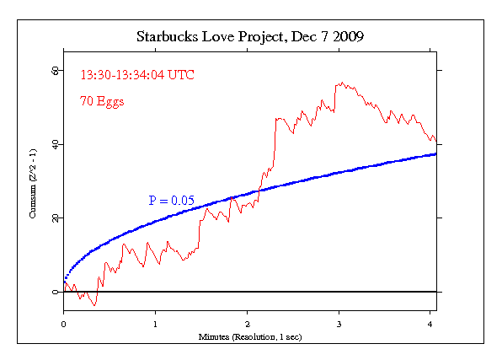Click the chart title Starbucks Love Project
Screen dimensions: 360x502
[206, 38]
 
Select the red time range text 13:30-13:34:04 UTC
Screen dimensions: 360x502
[137, 75]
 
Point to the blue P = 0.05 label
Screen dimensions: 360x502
[172, 201]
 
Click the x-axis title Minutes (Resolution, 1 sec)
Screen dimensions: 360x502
[249, 336]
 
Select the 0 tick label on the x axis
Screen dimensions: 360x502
[63, 322]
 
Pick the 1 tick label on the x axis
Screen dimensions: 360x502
[155, 322]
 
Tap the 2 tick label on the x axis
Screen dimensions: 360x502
[247, 322]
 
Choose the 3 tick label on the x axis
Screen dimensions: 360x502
[339, 322]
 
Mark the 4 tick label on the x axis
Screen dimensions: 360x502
[430, 322]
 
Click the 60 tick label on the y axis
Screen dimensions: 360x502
[54, 71]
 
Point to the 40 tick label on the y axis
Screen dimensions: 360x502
[54, 144]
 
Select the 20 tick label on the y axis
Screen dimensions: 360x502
[54, 218]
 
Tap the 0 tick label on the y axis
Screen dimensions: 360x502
[54, 292]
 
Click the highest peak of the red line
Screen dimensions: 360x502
[340, 83]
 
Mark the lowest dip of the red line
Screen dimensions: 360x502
[94, 305]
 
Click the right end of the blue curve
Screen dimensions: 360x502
[435, 154]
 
